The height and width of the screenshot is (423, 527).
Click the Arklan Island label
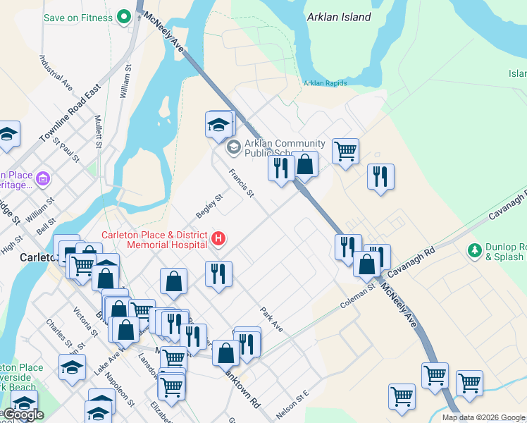point(339,17)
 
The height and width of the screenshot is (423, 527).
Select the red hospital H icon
point(218,240)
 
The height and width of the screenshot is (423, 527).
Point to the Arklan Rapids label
point(325,83)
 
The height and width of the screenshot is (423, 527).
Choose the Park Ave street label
point(271,319)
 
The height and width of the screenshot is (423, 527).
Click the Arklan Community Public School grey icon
point(233,148)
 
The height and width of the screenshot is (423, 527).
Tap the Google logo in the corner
point(23,415)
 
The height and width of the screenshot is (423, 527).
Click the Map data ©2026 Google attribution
point(483,417)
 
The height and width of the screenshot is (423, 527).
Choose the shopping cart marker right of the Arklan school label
point(345,150)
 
